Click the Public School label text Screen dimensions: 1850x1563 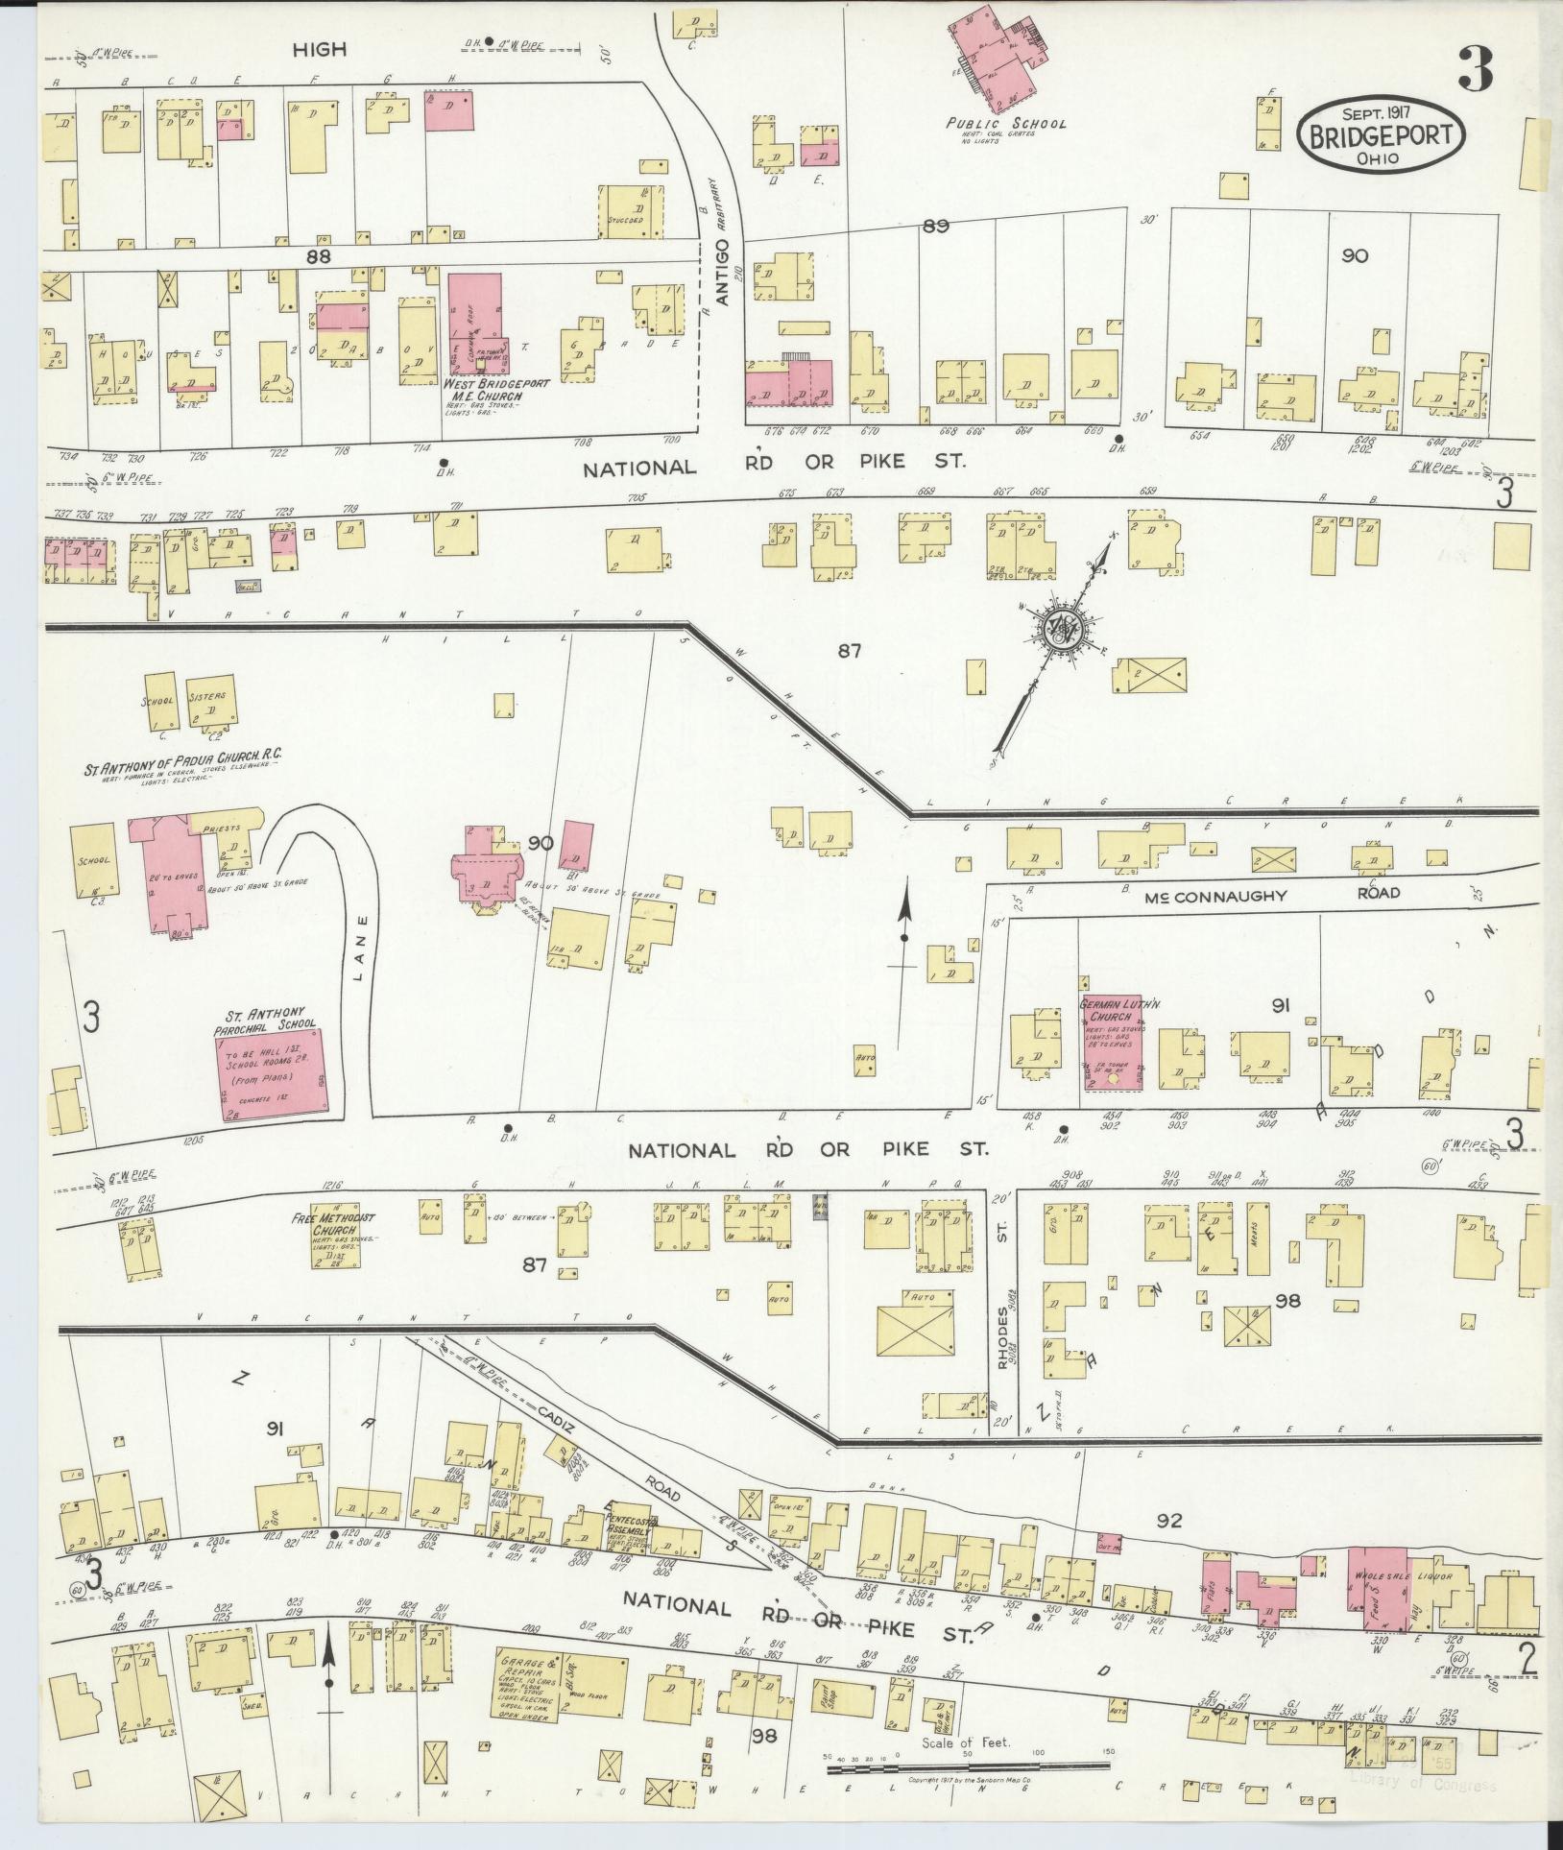click(1005, 124)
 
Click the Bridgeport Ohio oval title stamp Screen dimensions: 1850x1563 click(1383, 135)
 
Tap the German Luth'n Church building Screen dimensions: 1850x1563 click(1113, 1042)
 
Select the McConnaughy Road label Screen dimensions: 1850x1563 click(1271, 893)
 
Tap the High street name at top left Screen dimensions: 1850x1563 click(319, 49)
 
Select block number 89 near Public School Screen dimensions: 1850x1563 click(935, 227)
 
